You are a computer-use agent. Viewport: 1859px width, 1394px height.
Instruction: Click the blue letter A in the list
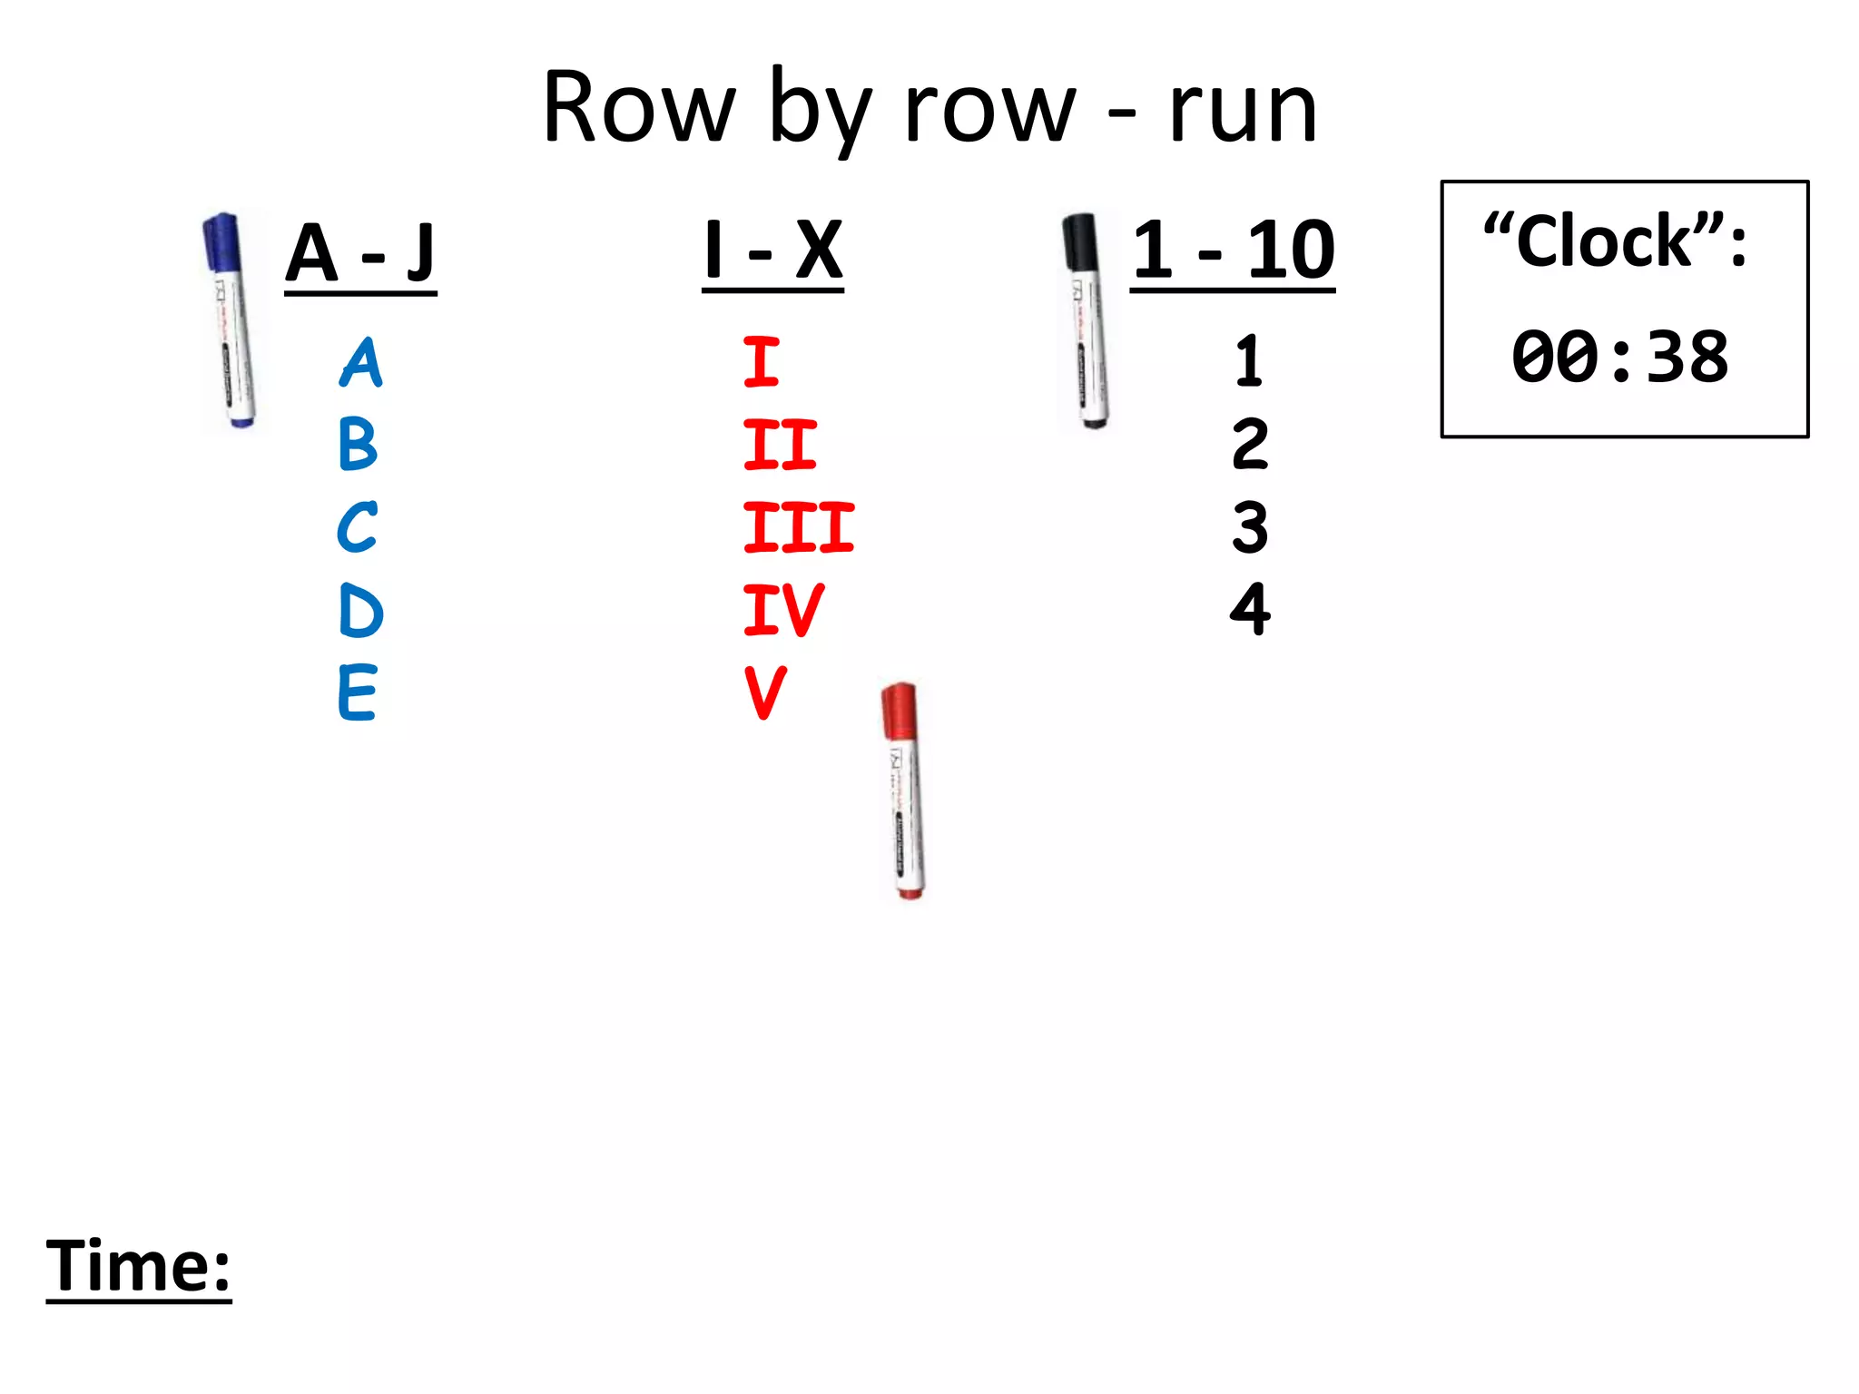361,362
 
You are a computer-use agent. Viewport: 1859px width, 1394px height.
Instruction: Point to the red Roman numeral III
798,527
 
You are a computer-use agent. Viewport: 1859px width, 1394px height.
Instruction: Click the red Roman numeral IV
782,610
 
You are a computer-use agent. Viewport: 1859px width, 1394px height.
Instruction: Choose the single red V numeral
765,692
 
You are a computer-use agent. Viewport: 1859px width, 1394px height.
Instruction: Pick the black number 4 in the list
1250,609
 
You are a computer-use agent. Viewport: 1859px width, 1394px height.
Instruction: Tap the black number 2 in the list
1250,444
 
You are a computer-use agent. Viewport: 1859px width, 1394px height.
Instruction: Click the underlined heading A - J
360,253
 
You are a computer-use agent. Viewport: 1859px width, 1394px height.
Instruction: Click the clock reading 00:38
1620,357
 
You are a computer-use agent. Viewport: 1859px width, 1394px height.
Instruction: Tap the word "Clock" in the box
1604,242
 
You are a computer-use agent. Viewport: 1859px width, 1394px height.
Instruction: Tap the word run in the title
1243,110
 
